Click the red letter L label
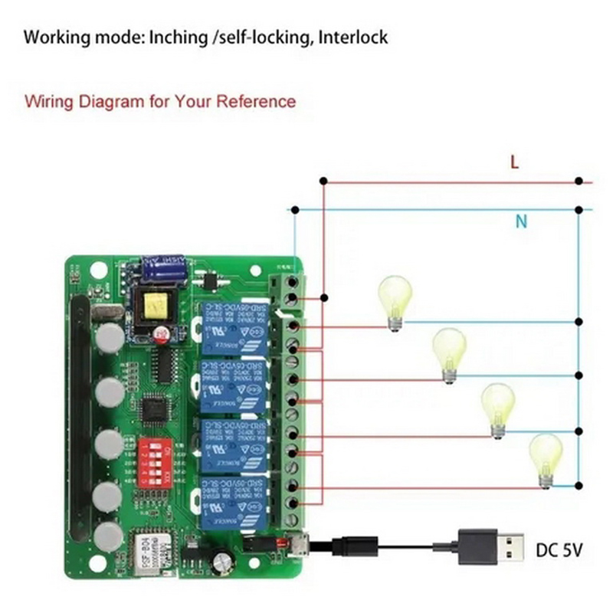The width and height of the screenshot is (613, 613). click(515, 162)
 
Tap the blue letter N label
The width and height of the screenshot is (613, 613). click(521, 222)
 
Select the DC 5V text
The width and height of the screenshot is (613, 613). click(560, 550)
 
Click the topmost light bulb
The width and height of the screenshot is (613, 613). click(395, 301)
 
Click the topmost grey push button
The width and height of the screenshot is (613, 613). click(110, 338)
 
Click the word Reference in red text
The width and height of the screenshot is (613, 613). click(258, 101)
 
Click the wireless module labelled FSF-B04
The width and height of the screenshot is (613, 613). click(149, 549)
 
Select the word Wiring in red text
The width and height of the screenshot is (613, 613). click(47, 101)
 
